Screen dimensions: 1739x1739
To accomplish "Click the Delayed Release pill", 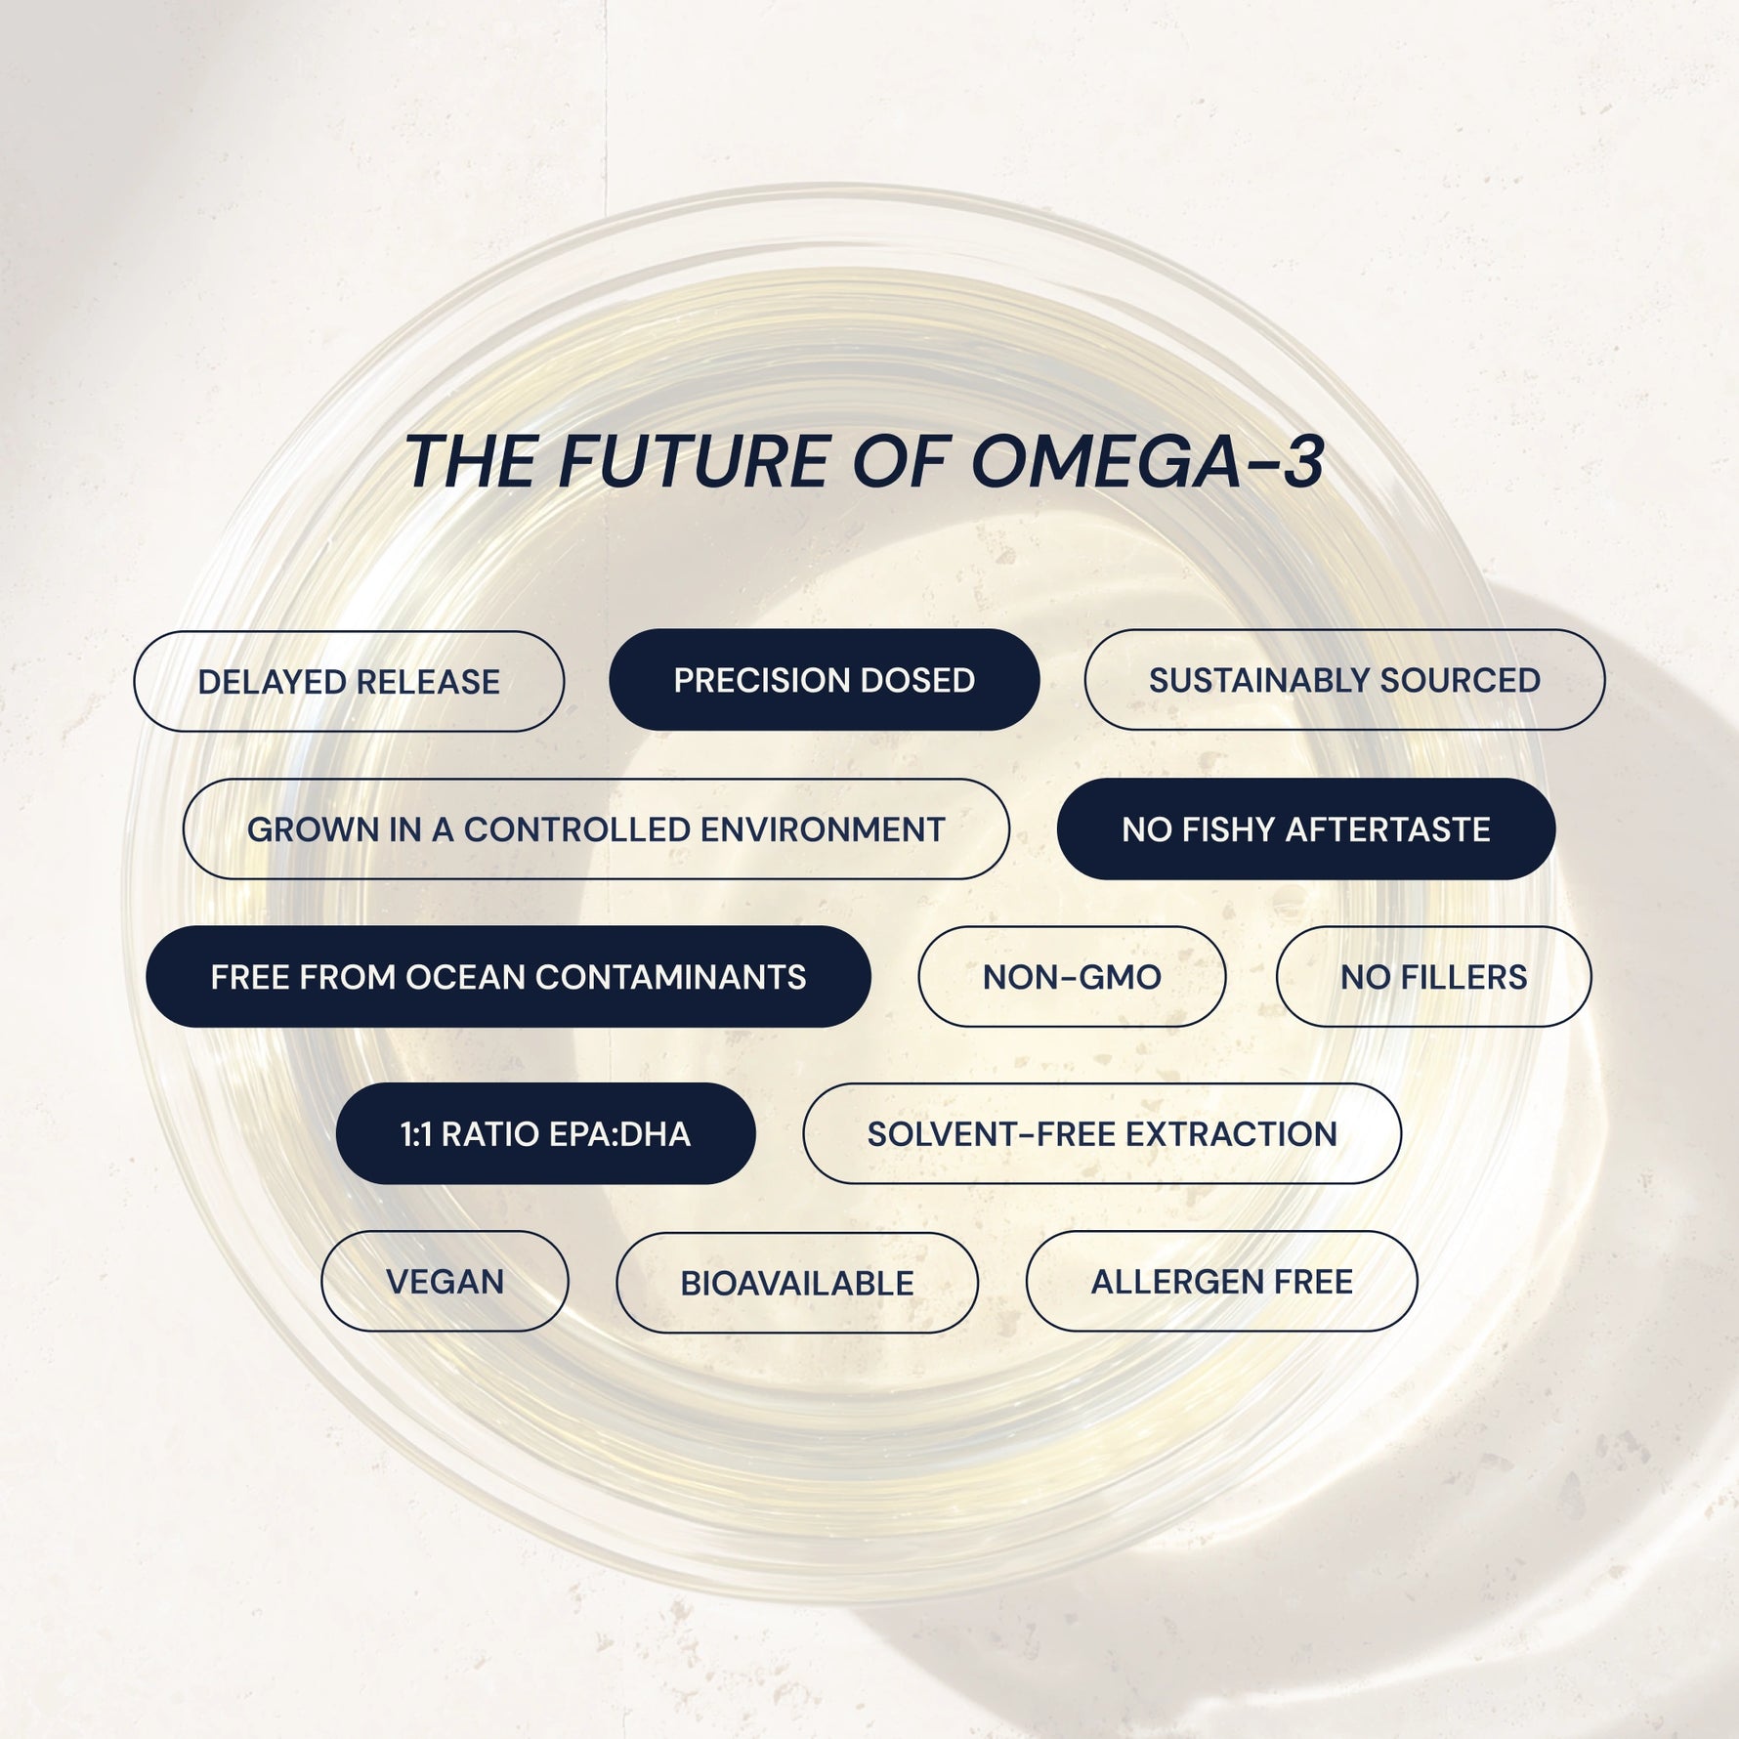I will (x=349, y=681).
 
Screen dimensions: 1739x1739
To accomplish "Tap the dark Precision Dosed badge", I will (x=824, y=680).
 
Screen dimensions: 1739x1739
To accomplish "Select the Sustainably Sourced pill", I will (x=1344, y=680).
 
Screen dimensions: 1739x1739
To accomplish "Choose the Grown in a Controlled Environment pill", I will (x=596, y=829).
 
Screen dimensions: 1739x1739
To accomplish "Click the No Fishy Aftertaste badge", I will (x=1305, y=829).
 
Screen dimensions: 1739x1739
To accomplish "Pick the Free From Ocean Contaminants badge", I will (x=508, y=977).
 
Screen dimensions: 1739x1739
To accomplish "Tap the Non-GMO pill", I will (x=1072, y=977).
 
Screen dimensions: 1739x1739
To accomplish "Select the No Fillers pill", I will (x=1433, y=977).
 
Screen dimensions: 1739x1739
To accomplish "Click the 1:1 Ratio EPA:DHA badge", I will (x=545, y=1134).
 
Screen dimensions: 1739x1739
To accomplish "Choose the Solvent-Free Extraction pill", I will (x=1102, y=1134).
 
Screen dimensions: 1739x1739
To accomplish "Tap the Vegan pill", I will (x=445, y=1282).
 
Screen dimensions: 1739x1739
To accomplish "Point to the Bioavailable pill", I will (x=796, y=1283).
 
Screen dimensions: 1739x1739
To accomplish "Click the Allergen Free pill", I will (x=1221, y=1282).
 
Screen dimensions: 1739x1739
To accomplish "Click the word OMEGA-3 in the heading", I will (x=1147, y=462).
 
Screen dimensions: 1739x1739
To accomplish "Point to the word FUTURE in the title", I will (x=694, y=462).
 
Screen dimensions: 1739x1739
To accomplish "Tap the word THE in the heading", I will (x=470, y=462).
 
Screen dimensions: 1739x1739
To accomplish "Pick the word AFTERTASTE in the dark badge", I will (x=1387, y=829).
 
